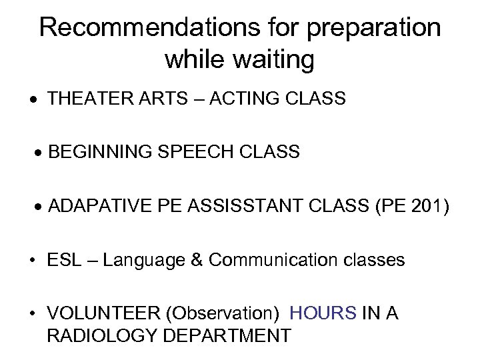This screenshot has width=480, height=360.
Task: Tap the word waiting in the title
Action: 273,60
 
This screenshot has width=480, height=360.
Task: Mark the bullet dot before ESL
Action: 39,260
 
